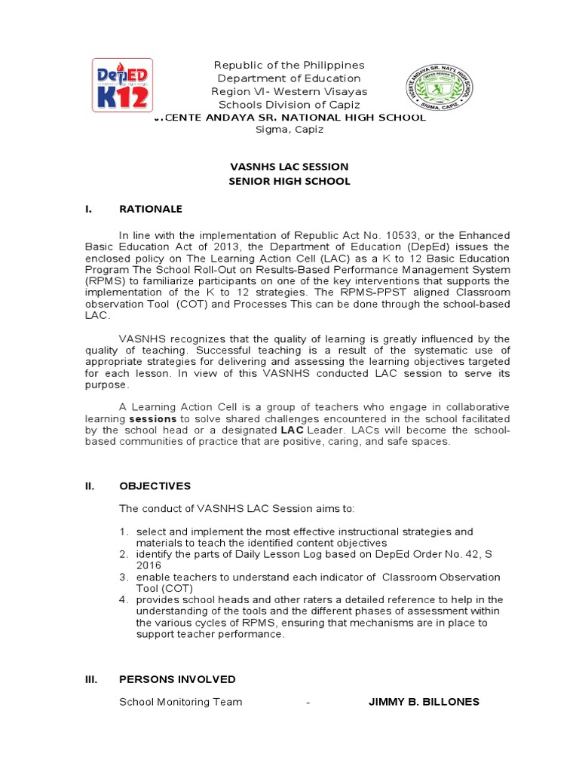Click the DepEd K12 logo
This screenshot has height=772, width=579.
click(122, 86)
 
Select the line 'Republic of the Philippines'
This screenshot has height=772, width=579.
click(289, 66)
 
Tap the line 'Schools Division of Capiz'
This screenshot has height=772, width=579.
click(289, 105)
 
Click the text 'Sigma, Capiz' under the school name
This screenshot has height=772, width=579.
click(289, 130)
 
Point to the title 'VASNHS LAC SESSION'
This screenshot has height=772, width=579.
click(289, 167)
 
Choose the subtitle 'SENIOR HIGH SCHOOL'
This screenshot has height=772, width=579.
click(289, 182)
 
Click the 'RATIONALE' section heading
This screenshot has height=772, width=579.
click(151, 209)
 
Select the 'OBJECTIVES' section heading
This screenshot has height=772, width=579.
click(155, 486)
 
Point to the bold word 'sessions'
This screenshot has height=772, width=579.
click(153, 418)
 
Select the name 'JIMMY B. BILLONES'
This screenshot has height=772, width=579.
click(423, 702)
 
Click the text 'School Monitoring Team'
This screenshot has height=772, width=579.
click(181, 702)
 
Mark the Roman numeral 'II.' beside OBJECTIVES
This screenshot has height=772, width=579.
click(89, 486)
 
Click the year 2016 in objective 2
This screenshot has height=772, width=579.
click(149, 565)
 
